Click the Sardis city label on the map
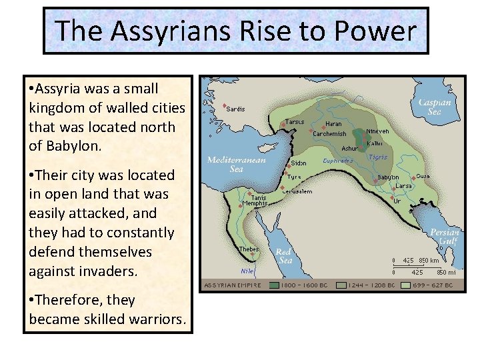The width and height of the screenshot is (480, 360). [235, 109]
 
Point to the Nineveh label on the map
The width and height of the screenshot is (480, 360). [378, 131]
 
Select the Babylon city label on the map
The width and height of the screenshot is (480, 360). [389, 177]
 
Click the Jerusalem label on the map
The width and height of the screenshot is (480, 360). [298, 191]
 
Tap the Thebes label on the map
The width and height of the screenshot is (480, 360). [249, 249]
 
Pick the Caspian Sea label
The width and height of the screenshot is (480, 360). [435, 107]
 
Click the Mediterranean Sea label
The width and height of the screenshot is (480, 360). [236, 164]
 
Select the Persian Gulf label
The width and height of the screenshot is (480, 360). [445, 237]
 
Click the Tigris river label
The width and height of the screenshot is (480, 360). [378, 157]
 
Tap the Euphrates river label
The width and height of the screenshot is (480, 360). [338, 161]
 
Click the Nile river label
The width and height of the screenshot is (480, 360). [247, 271]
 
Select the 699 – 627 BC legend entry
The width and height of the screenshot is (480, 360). [433, 285]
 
